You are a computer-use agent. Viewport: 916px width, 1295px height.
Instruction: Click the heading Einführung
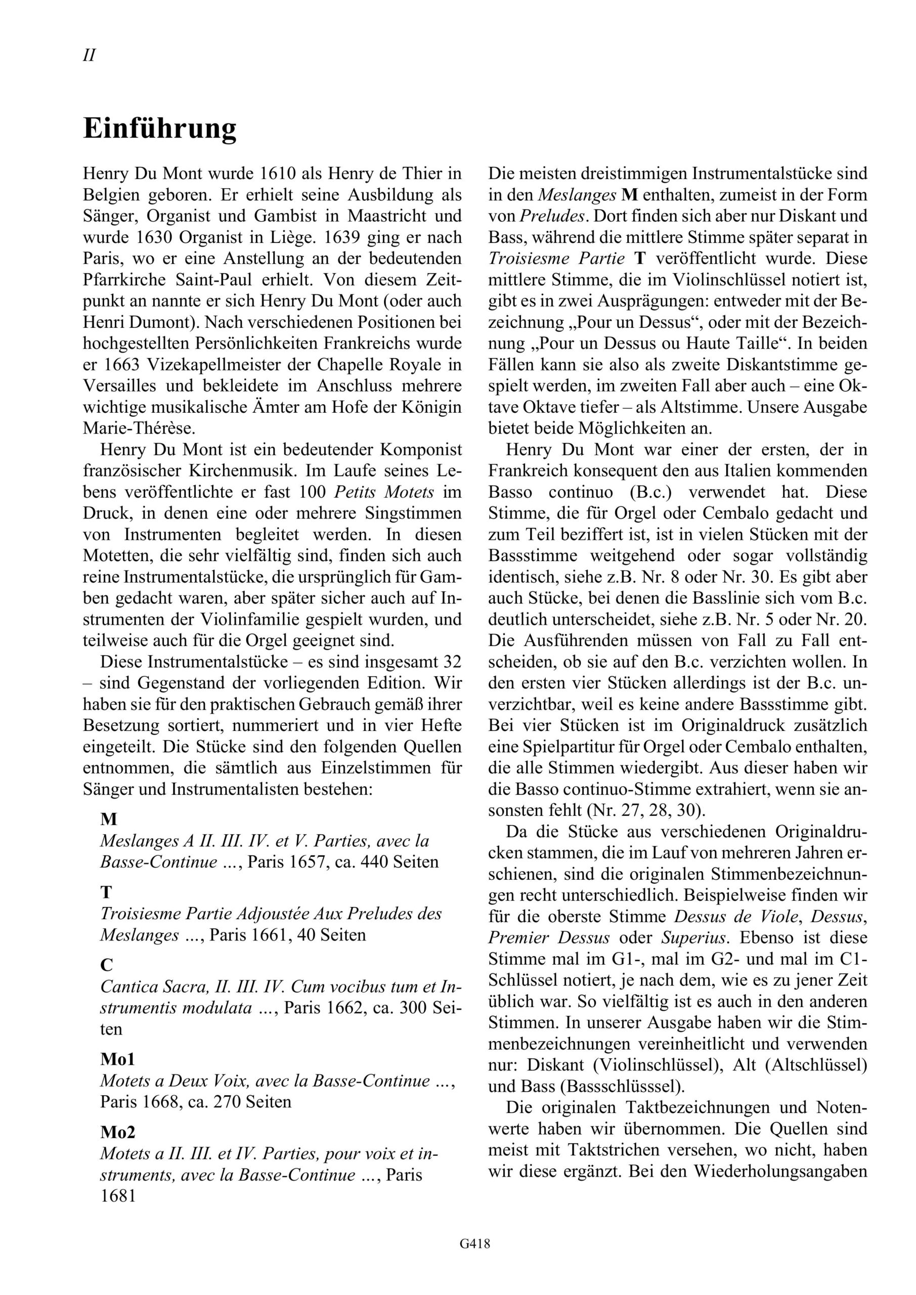pos(160,128)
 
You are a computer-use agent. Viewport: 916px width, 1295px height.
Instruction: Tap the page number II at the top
pos(89,55)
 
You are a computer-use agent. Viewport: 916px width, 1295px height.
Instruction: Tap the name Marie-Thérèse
pos(139,428)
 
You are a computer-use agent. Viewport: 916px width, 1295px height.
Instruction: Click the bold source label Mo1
pos(117,1059)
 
